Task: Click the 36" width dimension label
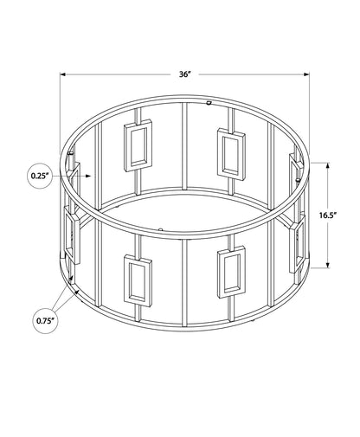coord(184,50)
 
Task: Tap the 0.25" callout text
coord(37,177)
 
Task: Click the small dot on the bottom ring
coord(163,229)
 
